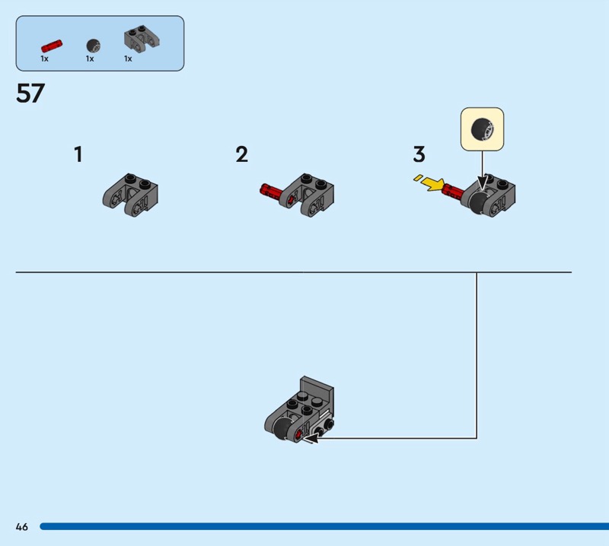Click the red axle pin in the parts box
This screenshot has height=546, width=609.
pos(53,44)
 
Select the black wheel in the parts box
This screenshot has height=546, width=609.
pos(92,44)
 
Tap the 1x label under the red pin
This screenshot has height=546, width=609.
pos(44,59)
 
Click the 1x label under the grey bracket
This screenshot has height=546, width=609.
pos(128,59)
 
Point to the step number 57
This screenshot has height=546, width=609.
pos(30,94)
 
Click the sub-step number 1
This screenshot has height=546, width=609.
pos(78,155)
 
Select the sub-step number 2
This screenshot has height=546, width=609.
pos(242,155)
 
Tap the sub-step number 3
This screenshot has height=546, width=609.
pos(419,155)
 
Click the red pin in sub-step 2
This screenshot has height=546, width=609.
pos(273,190)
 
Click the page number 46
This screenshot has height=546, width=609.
pos(21,527)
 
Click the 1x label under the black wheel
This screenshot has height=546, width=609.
pos(90,59)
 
